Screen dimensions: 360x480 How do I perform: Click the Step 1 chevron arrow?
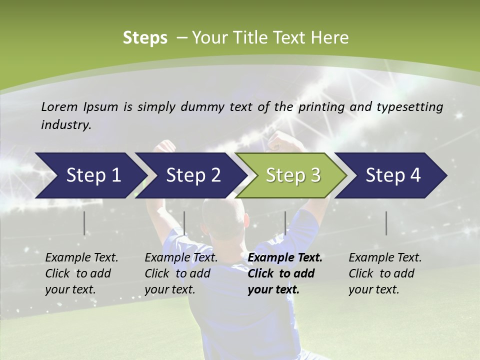(x=90, y=175)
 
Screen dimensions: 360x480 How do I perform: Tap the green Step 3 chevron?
(x=291, y=175)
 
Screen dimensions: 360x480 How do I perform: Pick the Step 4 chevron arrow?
(x=391, y=175)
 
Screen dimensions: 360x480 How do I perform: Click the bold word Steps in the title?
(x=145, y=38)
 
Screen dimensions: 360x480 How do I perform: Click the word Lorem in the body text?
(x=59, y=106)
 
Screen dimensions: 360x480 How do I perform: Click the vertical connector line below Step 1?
(x=84, y=223)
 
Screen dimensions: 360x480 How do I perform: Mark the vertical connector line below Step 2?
(x=184, y=223)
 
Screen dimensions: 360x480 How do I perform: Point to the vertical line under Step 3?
(x=285, y=223)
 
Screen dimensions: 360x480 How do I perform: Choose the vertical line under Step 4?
(x=386, y=223)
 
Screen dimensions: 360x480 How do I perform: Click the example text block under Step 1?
(x=81, y=273)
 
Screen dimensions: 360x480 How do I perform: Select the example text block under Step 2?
(x=180, y=273)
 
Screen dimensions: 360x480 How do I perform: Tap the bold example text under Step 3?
(x=284, y=273)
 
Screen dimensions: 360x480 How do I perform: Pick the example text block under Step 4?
(x=384, y=273)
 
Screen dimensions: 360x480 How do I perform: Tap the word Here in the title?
(x=332, y=38)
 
